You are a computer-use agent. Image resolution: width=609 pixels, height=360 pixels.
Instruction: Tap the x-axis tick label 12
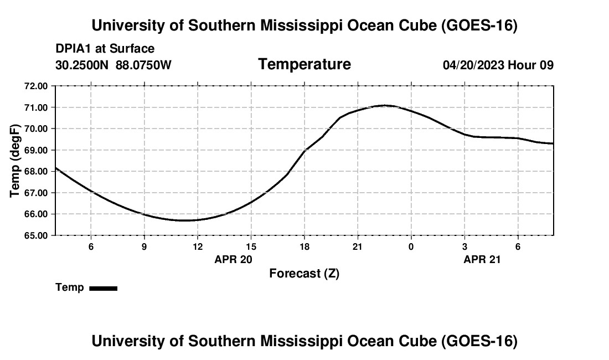click(x=198, y=246)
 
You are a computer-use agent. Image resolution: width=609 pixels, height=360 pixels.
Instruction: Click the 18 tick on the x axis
click(x=304, y=246)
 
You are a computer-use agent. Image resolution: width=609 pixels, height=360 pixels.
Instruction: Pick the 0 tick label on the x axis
click(x=411, y=246)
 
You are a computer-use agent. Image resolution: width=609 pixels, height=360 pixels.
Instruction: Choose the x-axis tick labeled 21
click(x=358, y=246)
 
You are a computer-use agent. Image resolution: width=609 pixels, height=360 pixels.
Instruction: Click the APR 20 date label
click(x=234, y=259)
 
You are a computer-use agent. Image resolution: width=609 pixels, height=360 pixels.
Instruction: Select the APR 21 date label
click(x=482, y=259)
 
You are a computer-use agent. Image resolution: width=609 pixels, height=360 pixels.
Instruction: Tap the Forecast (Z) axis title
click(x=304, y=274)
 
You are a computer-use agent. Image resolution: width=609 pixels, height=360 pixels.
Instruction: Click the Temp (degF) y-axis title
click(x=15, y=161)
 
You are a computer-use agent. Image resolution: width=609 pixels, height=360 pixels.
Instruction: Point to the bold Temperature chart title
click(x=304, y=64)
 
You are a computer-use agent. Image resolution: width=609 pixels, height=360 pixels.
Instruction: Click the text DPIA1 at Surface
click(x=105, y=49)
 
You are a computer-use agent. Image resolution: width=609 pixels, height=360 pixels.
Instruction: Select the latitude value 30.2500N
click(x=82, y=65)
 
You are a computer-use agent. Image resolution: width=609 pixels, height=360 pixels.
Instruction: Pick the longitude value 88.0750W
click(x=143, y=65)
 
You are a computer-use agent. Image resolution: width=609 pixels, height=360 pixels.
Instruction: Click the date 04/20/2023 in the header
click(x=473, y=65)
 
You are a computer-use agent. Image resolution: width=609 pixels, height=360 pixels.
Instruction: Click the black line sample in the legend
click(x=104, y=288)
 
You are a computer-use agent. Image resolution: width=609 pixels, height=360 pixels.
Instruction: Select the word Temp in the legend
click(x=70, y=287)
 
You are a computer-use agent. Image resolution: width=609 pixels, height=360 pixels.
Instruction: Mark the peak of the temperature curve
click(x=385, y=105)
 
